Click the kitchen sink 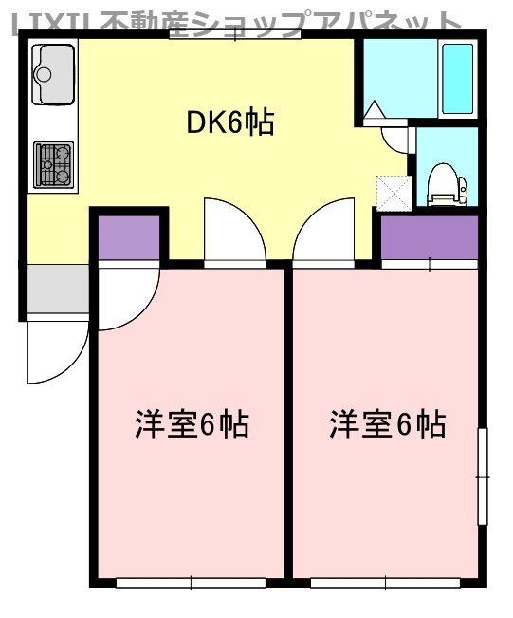[x=53, y=74]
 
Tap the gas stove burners [x=53, y=163]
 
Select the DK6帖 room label [x=229, y=122]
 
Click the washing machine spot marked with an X [x=393, y=191]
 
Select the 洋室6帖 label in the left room [x=192, y=424]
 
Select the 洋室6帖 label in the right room [x=388, y=424]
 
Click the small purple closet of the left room [x=129, y=238]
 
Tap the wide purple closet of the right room [x=430, y=238]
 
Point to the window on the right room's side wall [x=482, y=475]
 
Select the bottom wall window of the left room [x=190, y=582]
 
